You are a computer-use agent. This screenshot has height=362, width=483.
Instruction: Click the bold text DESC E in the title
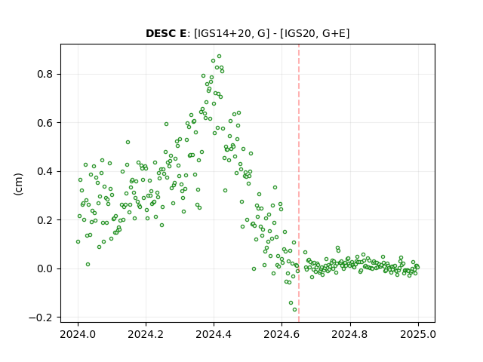pos(166,33)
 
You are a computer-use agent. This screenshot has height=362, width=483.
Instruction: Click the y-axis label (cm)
pos(18,184)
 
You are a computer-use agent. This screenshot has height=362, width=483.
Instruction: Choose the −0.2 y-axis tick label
pos(43,318)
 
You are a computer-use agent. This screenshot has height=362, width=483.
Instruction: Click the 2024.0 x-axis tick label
pos(78,334)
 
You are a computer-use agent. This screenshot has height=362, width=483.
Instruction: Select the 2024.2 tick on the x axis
pos(146,334)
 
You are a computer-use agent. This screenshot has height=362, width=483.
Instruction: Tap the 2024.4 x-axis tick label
pos(214,334)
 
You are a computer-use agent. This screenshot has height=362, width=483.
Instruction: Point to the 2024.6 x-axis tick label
pos(281,334)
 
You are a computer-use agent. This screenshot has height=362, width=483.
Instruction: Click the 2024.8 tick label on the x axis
pos(349,334)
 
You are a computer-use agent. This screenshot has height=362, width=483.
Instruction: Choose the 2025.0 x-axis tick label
pos(418,334)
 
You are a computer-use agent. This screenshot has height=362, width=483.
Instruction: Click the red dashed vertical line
pos(299,183)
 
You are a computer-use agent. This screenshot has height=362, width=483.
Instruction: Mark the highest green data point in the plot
pos(220,57)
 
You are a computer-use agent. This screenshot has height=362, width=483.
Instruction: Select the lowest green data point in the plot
pos(295,310)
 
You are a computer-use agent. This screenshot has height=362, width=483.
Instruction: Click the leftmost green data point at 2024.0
pos(78,242)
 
